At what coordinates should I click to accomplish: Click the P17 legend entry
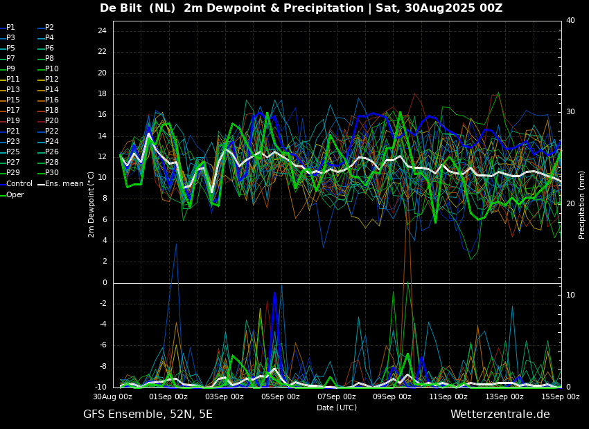click(10, 110)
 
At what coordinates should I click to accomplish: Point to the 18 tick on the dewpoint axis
click(102, 94)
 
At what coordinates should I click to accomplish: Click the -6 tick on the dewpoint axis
click(102, 345)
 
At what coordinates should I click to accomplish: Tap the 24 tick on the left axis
click(102, 31)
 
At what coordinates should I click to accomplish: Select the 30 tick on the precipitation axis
click(570, 112)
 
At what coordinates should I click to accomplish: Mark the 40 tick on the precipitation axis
click(570, 20)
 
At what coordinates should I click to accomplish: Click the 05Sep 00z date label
click(281, 396)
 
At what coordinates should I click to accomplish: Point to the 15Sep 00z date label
click(561, 396)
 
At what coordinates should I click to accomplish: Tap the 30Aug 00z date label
click(113, 396)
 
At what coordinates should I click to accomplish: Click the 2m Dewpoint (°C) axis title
click(91, 204)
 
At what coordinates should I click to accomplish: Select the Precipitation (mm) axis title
click(582, 205)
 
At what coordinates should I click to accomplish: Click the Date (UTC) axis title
click(337, 408)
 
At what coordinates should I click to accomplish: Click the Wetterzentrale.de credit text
click(500, 414)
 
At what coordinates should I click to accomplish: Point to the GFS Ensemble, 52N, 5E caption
click(148, 414)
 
